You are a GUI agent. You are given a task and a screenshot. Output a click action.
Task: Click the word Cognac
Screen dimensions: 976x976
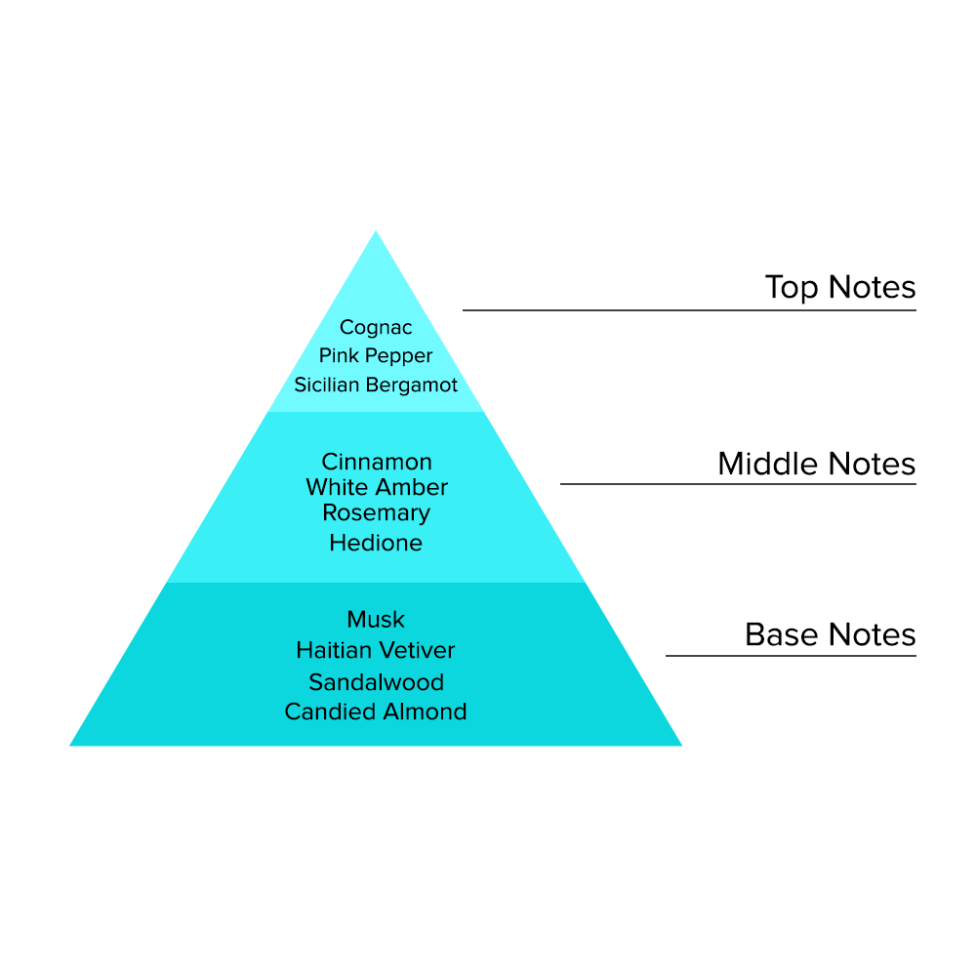(x=376, y=328)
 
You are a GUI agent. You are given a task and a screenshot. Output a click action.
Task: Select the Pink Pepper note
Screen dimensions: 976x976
(x=376, y=356)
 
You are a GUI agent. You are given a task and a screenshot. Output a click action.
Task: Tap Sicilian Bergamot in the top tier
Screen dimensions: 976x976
(x=376, y=385)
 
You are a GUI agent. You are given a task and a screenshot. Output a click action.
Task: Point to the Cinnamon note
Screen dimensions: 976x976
(x=376, y=462)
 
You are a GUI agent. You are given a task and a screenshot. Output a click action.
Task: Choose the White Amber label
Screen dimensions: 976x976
(x=376, y=487)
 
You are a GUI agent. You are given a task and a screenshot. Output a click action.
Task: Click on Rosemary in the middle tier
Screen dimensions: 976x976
(x=376, y=513)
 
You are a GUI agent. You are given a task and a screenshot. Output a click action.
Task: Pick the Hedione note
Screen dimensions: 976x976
(x=376, y=543)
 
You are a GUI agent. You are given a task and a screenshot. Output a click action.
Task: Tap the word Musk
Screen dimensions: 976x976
(x=376, y=620)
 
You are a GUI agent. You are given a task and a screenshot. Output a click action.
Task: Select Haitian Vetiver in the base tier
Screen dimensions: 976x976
(x=376, y=650)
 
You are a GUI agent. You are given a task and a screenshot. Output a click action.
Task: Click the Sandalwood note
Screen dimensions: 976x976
(x=376, y=681)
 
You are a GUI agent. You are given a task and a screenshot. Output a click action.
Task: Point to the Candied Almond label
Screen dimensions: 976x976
(x=376, y=712)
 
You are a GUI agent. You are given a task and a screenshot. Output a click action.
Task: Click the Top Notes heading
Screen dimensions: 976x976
(x=839, y=288)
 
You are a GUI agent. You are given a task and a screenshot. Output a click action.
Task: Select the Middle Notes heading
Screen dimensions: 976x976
(x=816, y=464)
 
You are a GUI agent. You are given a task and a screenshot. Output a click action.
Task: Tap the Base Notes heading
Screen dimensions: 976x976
(x=830, y=634)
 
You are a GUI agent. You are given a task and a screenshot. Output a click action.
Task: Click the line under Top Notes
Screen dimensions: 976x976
(x=689, y=310)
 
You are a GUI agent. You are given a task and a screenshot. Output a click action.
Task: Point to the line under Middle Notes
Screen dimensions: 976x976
(x=738, y=483)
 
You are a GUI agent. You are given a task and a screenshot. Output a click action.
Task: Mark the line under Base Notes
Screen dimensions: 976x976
(x=791, y=655)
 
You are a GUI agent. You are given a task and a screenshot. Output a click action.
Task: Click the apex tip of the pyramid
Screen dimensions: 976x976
(x=376, y=233)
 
